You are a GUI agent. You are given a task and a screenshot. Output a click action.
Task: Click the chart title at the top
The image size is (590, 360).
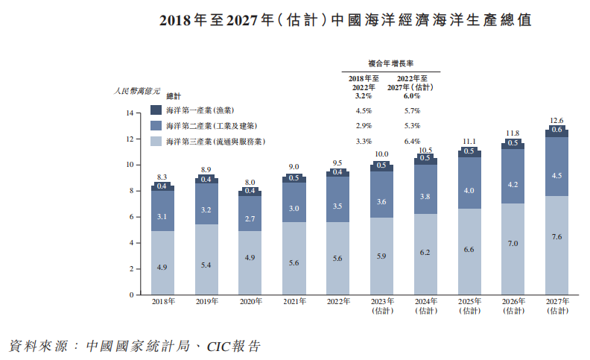point(295,21)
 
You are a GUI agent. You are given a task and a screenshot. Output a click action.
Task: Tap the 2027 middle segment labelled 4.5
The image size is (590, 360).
point(556,176)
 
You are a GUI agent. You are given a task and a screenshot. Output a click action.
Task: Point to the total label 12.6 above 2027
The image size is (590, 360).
point(556,120)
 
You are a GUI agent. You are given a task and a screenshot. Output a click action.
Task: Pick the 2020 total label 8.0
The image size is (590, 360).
point(250,183)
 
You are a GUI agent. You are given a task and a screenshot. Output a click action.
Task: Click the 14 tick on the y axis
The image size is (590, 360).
point(129,113)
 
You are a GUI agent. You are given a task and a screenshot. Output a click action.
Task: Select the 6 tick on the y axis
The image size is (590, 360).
point(129,217)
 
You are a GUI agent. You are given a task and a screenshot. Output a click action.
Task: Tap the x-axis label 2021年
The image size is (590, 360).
point(294,301)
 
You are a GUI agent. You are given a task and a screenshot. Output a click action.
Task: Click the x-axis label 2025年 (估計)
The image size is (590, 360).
point(469,306)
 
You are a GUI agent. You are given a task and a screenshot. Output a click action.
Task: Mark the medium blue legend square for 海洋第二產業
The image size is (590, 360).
point(156,126)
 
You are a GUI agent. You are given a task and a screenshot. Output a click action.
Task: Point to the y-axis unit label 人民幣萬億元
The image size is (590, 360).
point(137,90)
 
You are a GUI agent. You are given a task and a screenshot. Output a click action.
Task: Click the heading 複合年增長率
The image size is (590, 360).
point(391,64)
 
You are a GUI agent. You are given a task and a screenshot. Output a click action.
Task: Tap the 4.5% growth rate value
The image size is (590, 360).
point(364,110)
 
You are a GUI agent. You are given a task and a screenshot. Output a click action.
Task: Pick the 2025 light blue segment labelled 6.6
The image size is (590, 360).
point(469,250)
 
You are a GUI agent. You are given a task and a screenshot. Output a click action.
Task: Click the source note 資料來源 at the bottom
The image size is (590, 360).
point(134,347)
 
